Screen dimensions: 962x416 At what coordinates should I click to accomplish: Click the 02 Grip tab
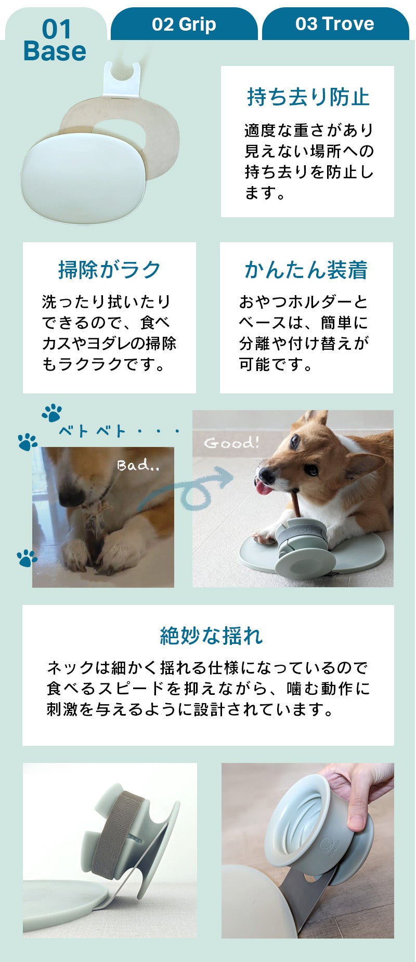coord(184,24)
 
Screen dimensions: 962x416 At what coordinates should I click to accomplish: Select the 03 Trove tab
coord(334,24)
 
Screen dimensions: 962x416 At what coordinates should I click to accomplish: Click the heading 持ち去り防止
coord(308,97)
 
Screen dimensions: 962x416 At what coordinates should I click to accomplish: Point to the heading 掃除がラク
coord(109,270)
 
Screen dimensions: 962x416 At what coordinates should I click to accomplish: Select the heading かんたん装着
coord(306,270)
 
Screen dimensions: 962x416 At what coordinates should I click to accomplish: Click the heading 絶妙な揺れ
coord(211,636)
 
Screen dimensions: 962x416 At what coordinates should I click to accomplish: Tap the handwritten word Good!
coord(231,443)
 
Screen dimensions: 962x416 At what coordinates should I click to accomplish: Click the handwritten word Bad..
coord(137,465)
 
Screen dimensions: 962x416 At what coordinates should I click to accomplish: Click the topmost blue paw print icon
coord(52,413)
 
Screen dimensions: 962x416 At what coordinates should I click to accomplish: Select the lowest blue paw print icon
coord(27,558)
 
